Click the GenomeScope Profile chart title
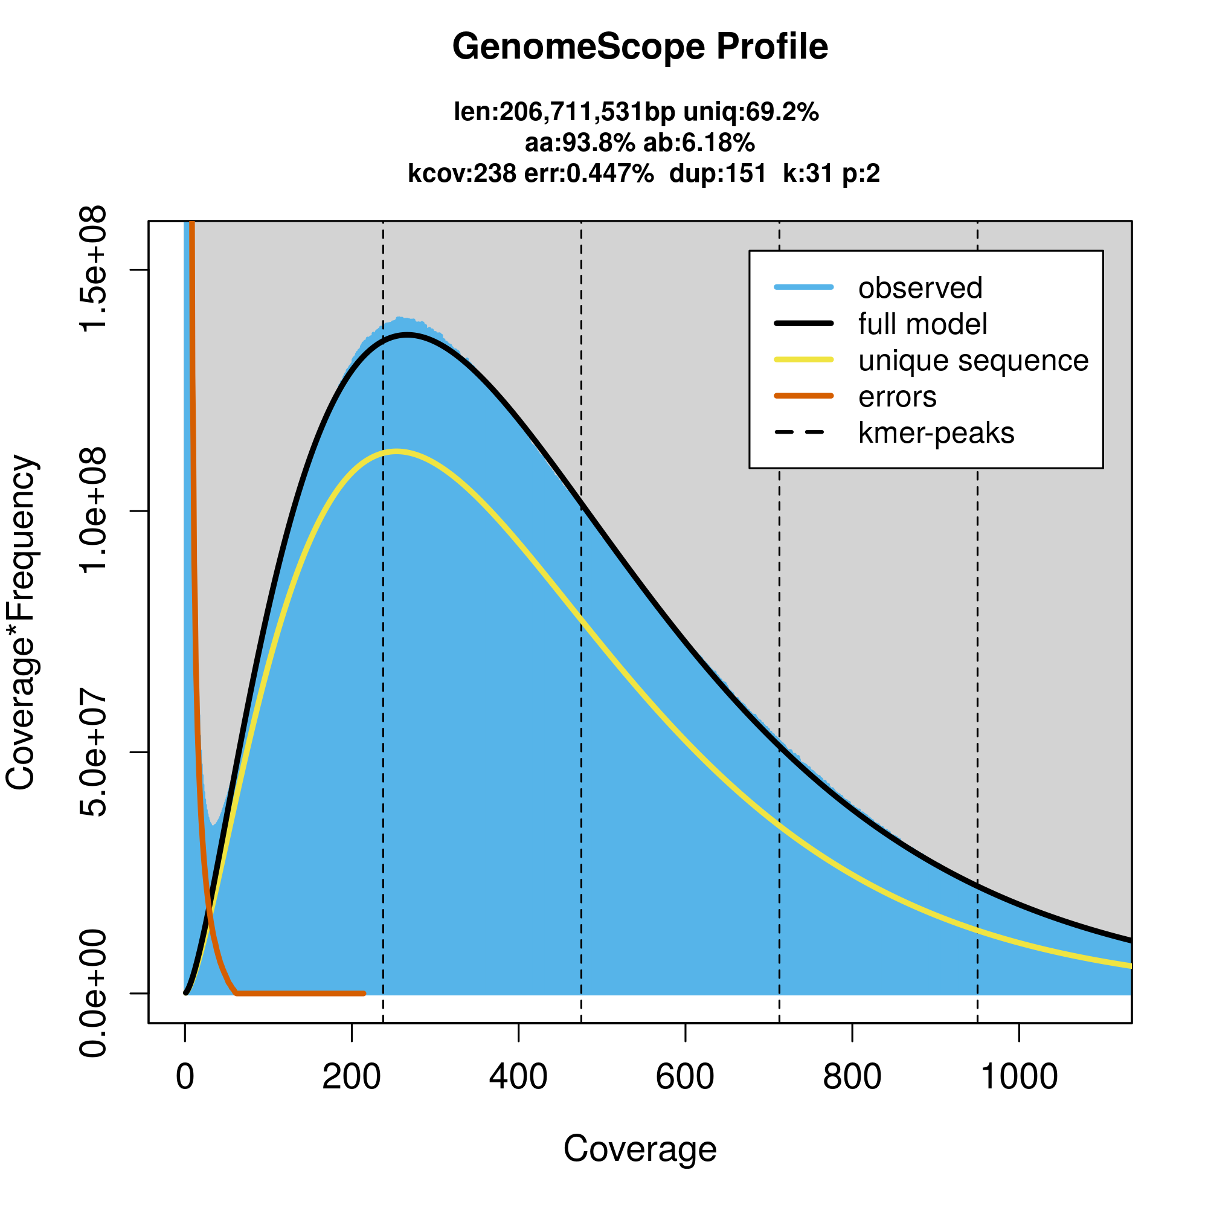(x=640, y=47)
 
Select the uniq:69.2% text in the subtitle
(x=750, y=112)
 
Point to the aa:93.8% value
(x=580, y=143)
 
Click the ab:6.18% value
(x=699, y=143)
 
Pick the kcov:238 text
(x=461, y=173)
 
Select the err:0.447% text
(x=588, y=173)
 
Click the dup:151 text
(x=717, y=173)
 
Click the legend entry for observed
(x=920, y=288)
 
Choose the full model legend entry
(x=922, y=324)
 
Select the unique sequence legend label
(x=973, y=361)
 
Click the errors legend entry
(x=898, y=397)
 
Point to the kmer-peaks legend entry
(x=936, y=433)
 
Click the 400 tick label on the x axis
(x=518, y=1077)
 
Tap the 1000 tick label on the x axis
(x=1018, y=1077)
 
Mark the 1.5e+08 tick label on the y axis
(x=94, y=269)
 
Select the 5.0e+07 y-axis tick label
(x=94, y=752)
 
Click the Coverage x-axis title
(x=640, y=1149)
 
